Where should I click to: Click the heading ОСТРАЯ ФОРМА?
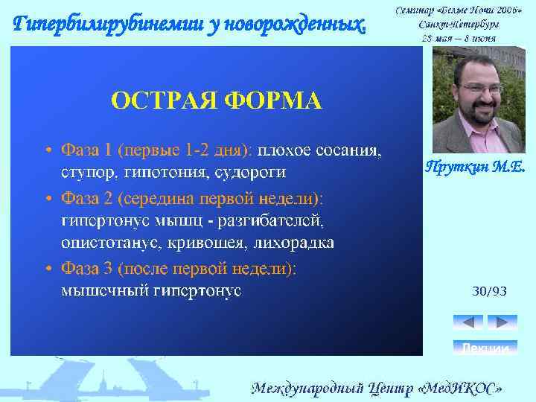coord(217,100)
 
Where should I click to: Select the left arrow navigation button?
coord(468,322)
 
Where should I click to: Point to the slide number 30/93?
coord(489,291)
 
